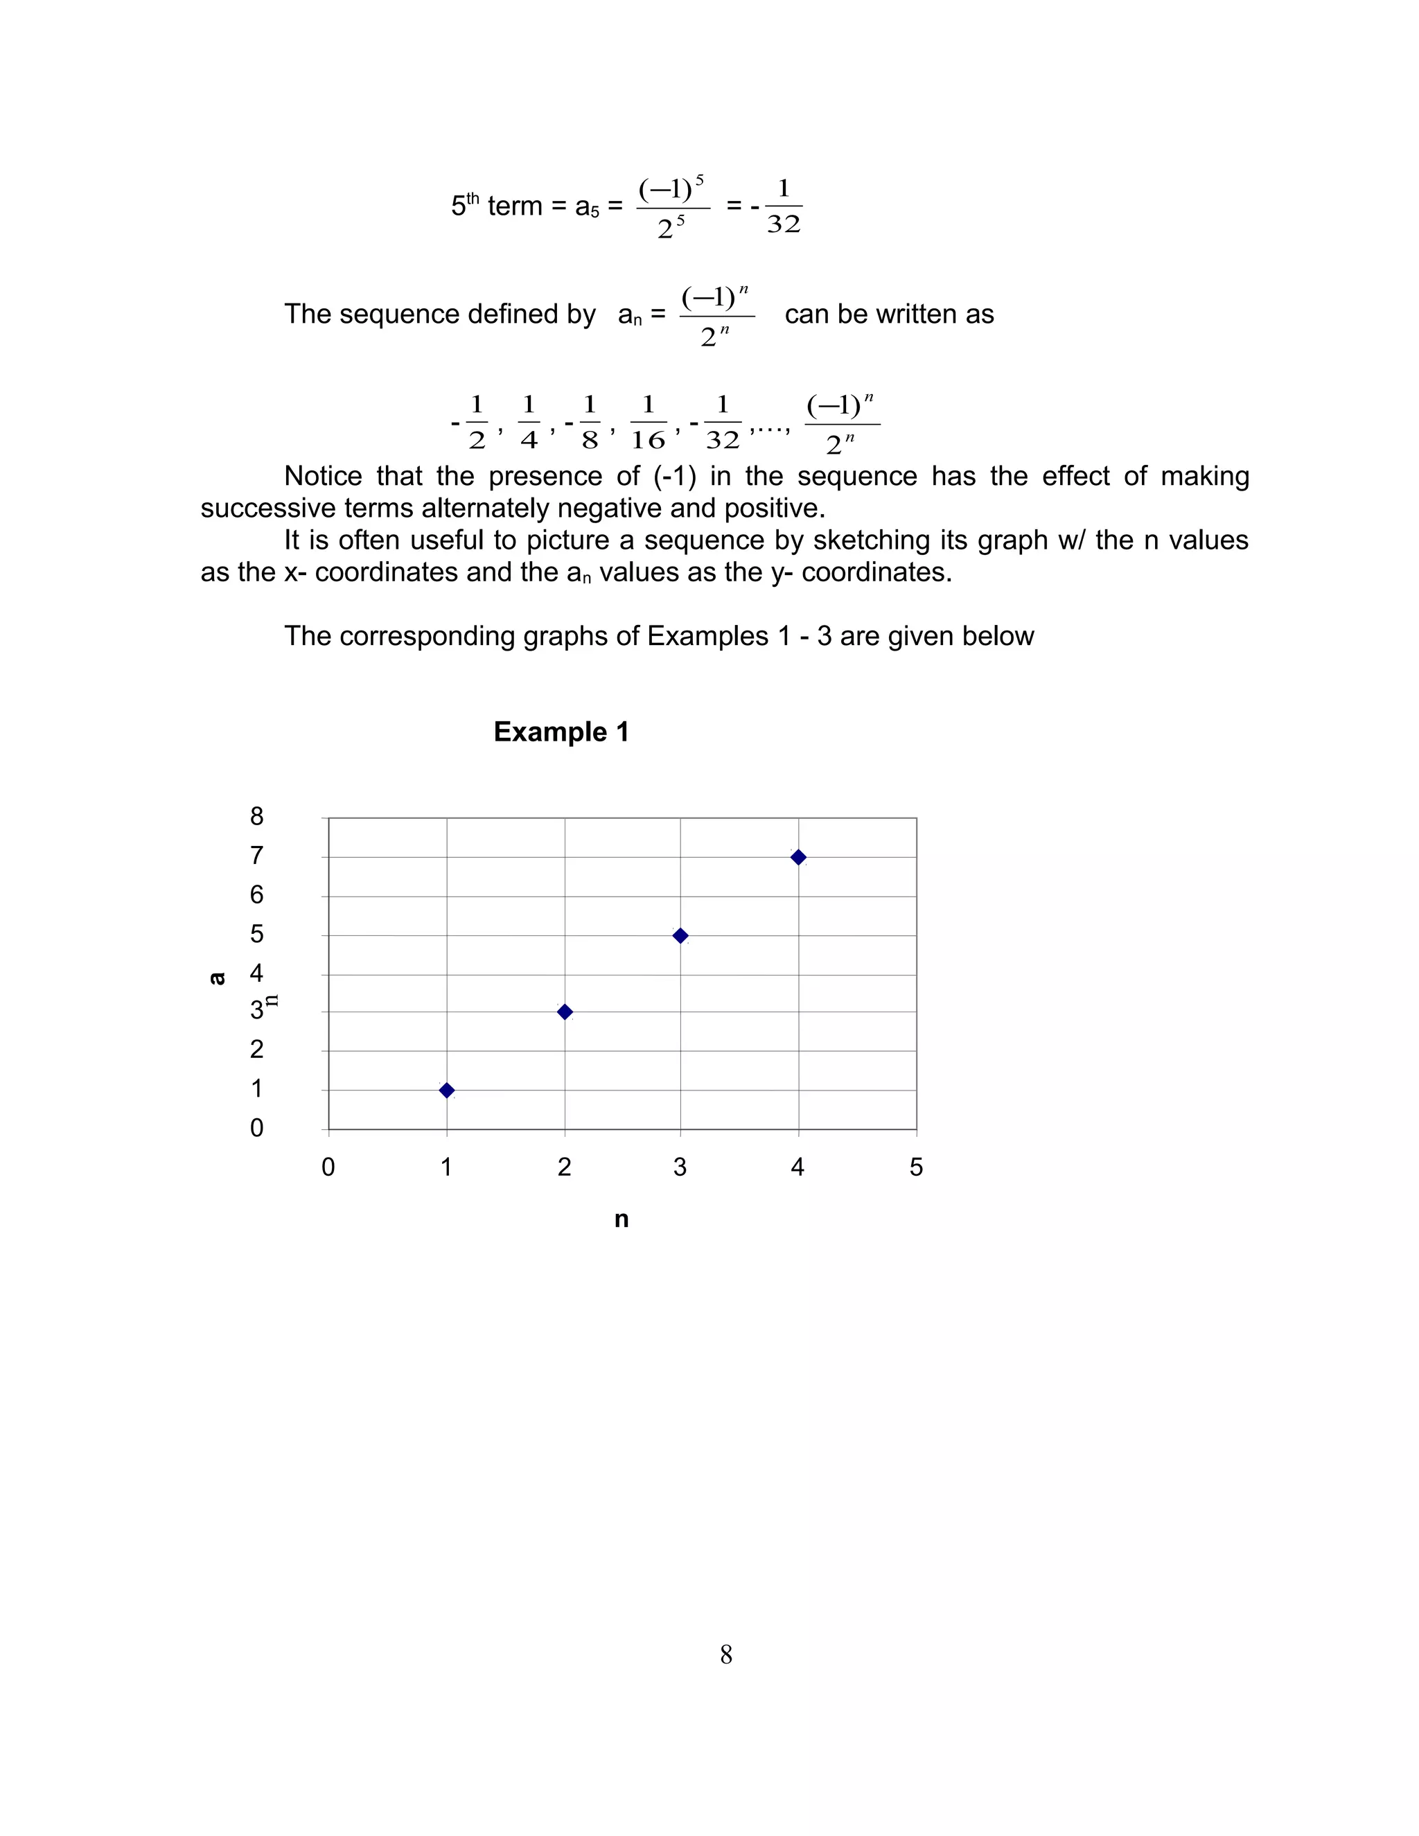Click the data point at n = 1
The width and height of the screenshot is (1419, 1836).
447,1091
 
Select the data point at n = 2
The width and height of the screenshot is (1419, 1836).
565,1012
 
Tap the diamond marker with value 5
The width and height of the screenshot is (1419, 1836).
681,935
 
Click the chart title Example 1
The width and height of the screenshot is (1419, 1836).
561,732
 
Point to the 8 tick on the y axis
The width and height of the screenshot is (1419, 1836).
256,816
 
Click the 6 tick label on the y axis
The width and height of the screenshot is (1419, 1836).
256,894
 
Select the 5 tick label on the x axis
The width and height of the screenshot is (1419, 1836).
916,1167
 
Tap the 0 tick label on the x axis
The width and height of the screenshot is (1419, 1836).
328,1167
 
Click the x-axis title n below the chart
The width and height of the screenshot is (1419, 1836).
622,1220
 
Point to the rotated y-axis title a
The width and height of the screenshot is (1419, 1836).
217,978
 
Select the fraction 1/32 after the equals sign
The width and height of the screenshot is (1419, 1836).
784,206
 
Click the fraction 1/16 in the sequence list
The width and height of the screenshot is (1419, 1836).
647,423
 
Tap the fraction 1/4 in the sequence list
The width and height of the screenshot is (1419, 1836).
529,423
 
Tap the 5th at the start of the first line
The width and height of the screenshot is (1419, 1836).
465,205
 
